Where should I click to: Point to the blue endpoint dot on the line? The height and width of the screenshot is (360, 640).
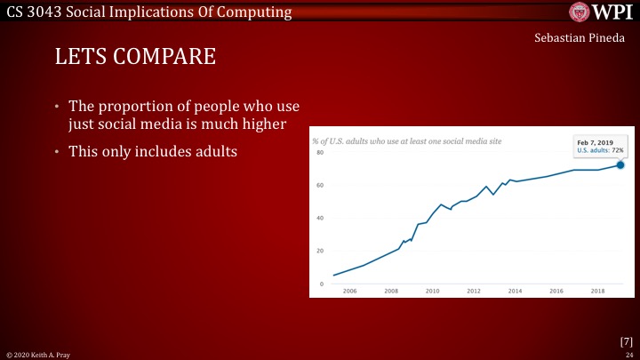pyautogui.click(x=620, y=164)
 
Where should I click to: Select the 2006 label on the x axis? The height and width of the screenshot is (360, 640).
pyautogui.click(x=349, y=291)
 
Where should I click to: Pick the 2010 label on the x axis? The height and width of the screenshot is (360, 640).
pyautogui.click(x=432, y=291)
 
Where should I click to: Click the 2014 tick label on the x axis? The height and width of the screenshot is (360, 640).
pyautogui.click(x=515, y=291)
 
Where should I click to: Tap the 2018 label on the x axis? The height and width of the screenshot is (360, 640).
pyautogui.click(x=597, y=291)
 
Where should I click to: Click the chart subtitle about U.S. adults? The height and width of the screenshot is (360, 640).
pyautogui.click(x=392, y=141)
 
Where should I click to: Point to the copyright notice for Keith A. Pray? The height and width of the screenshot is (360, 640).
pyautogui.click(x=32, y=354)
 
